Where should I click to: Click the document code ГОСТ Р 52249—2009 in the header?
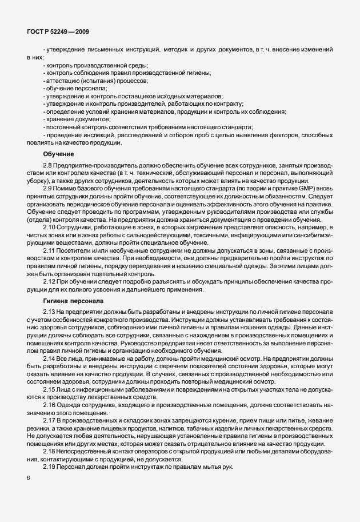tap(57, 31)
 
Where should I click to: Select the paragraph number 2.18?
tap(50, 452)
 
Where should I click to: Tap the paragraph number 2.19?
tap(50, 467)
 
